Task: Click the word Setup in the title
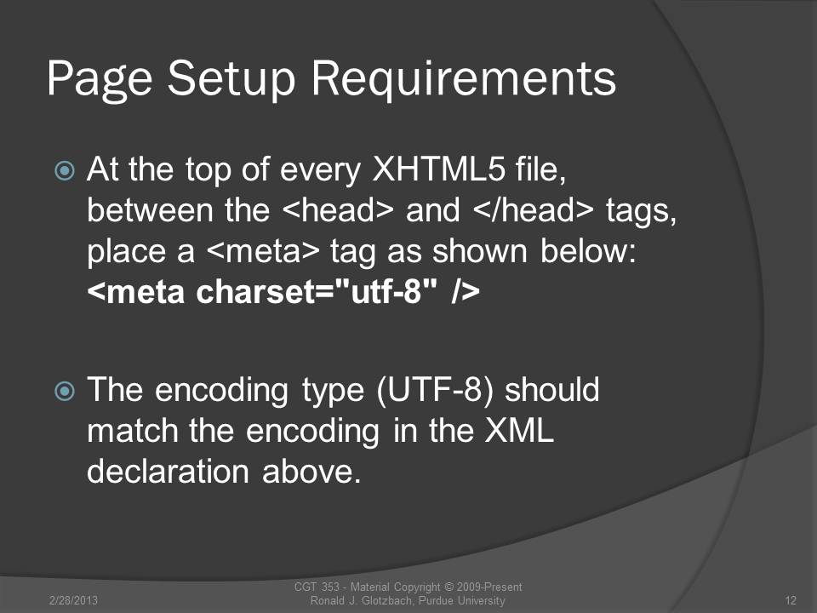pyautogui.click(x=231, y=78)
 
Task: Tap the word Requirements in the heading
pyautogui.click(x=464, y=78)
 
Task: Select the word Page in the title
pyautogui.click(x=100, y=78)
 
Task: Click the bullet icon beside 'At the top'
pyautogui.click(x=65, y=170)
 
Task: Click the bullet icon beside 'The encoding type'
pyautogui.click(x=65, y=391)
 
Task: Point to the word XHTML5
pyautogui.click(x=439, y=169)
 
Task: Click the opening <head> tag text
pyautogui.click(x=338, y=210)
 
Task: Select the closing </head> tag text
pyautogui.click(x=534, y=210)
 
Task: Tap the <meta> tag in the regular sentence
pyautogui.click(x=263, y=250)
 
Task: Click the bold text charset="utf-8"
pyautogui.click(x=316, y=291)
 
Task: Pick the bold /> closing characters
pyautogui.click(x=466, y=291)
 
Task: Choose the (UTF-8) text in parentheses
pyautogui.click(x=434, y=391)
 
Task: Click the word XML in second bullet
pyautogui.click(x=519, y=431)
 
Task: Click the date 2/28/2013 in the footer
pyautogui.click(x=73, y=600)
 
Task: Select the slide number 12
pyautogui.click(x=791, y=600)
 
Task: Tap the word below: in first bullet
pyautogui.click(x=588, y=250)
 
